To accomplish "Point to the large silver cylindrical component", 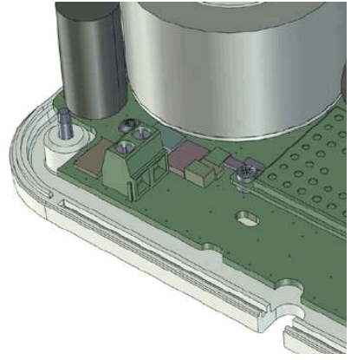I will (234, 61).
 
